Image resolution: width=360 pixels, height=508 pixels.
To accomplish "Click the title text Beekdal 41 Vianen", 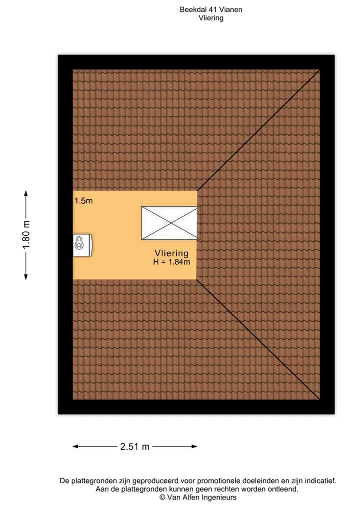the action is click(x=211, y=9).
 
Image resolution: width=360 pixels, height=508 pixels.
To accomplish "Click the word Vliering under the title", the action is click(x=211, y=18).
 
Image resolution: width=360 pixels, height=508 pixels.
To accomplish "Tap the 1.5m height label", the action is click(x=83, y=201).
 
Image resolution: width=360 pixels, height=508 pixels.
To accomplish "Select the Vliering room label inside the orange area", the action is click(x=171, y=253).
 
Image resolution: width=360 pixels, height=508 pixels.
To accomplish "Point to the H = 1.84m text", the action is click(x=171, y=262).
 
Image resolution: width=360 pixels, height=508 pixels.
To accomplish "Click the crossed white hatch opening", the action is click(x=169, y=223).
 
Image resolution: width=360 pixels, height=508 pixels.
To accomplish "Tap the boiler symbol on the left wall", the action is click(x=82, y=245).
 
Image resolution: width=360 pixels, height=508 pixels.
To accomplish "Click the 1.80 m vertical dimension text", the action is click(x=26, y=235).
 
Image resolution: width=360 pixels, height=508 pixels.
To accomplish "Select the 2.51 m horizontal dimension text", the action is click(x=134, y=447).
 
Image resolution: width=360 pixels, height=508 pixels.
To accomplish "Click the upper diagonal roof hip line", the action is click(x=258, y=130).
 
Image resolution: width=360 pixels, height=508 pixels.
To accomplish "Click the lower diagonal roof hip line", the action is click(x=258, y=340).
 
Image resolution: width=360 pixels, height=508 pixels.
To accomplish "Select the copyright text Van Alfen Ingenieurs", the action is click(x=198, y=498).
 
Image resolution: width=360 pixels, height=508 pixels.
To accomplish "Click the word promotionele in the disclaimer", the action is click(x=219, y=481).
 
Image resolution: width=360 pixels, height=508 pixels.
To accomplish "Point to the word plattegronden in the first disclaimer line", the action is click(x=93, y=481).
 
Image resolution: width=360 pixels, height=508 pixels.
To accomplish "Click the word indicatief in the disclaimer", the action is click(x=321, y=481).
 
